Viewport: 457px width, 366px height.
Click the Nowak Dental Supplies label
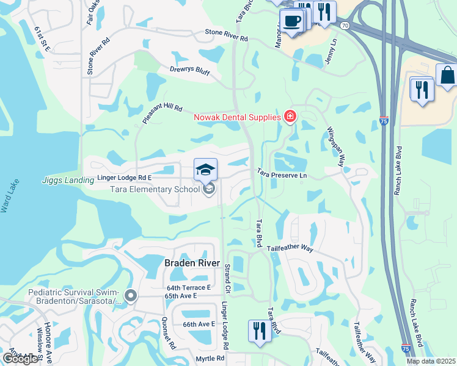[237, 117]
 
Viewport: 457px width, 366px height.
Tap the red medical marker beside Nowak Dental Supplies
[290, 117]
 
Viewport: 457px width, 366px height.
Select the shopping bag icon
[447, 76]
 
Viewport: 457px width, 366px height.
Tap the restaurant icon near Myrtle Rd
[260, 331]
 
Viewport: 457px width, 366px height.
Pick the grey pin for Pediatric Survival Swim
[130, 296]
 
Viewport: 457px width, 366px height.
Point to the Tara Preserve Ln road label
[281, 175]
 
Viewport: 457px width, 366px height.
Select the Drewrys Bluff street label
[189, 72]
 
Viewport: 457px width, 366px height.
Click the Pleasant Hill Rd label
[162, 113]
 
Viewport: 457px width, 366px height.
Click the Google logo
[20, 359]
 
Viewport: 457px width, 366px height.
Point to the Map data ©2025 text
[431, 361]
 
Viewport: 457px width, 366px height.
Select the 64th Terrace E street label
[188, 287]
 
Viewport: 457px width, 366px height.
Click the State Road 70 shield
[345, 26]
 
